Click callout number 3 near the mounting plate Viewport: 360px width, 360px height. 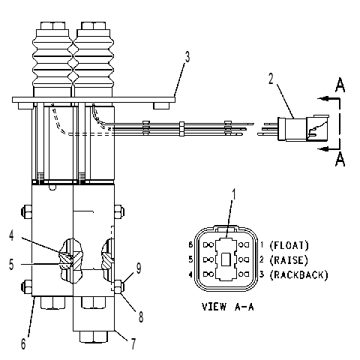click(187, 57)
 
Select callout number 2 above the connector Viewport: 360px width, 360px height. click(271, 79)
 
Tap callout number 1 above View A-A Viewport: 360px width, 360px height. click(234, 194)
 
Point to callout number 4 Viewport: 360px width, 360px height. click(11, 235)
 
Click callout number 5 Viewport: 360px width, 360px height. click(11, 264)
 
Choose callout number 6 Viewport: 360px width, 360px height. click(23, 344)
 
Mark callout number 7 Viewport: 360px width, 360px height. click(133, 344)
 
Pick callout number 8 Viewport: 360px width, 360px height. click(141, 317)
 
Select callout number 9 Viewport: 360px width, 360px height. click(139, 268)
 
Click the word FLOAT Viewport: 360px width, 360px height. click(289, 245)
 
